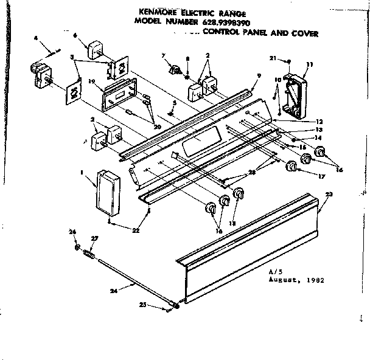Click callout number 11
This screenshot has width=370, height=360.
310,64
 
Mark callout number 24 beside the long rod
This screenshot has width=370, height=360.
113,291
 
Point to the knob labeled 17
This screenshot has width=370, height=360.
291,166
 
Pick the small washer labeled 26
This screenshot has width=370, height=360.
77,247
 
